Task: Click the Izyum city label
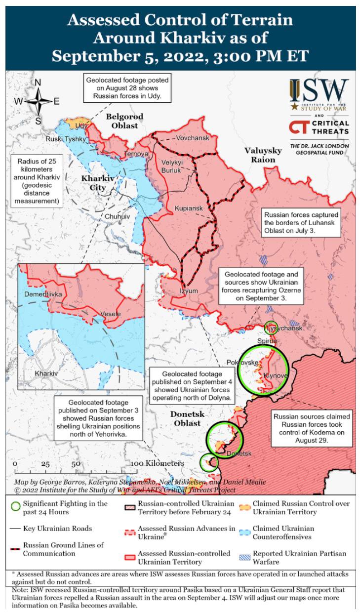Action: pyautogui.click(x=189, y=291)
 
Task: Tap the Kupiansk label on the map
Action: pyautogui.click(x=189, y=209)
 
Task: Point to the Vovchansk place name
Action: pyautogui.click(x=193, y=138)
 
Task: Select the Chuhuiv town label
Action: pyautogui.click(x=117, y=216)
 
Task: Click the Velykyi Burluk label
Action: pyautogui.click(x=172, y=166)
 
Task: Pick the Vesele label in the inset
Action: pyautogui.click(x=110, y=314)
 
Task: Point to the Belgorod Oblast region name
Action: pyautogui.click(x=124, y=121)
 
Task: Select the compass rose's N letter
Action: pyautogui.click(x=38, y=82)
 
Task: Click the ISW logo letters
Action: pyautogui.click(x=319, y=91)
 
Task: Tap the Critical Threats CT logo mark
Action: pyautogui.click(x=299, y=127)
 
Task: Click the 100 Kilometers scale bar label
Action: pyautogui.click(x=158, y=463)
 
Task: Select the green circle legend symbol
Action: pyautogui.click(x=16, y=506)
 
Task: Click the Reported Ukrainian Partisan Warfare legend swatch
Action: pyautogui.click(x=244, y=557)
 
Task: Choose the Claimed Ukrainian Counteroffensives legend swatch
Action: pyautogui.click(x=244, y=532)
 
